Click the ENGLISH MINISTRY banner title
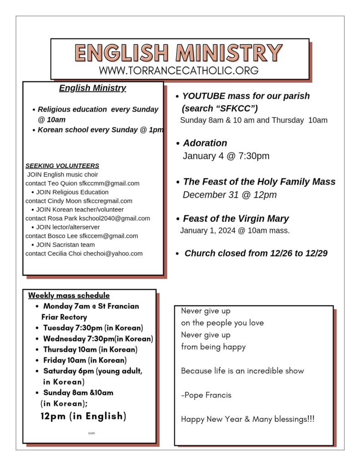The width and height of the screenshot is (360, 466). tap(178, 53)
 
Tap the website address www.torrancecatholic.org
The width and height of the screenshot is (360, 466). tap(178, 71)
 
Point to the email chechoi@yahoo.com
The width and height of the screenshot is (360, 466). tap(113, 253)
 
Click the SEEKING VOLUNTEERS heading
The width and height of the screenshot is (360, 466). tap(62, 166)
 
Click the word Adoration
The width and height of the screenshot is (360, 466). tap(205, 143)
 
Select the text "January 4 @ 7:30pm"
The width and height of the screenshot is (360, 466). tap(226, 156)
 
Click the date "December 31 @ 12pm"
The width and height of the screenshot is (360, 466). tap(229, 195)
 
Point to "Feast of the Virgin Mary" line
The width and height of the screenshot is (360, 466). tap(236, 218)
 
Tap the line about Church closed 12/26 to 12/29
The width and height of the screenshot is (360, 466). tap(256, 253)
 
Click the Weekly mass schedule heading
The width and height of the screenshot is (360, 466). tap(69, 295)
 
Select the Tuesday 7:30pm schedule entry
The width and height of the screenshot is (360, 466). tap(93, 328)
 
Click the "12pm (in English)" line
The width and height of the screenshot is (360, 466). tap(83, 416)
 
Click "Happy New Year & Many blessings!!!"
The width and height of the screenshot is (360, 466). tap(248, 419)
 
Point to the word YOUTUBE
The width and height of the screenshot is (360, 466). tap(203, 96)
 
